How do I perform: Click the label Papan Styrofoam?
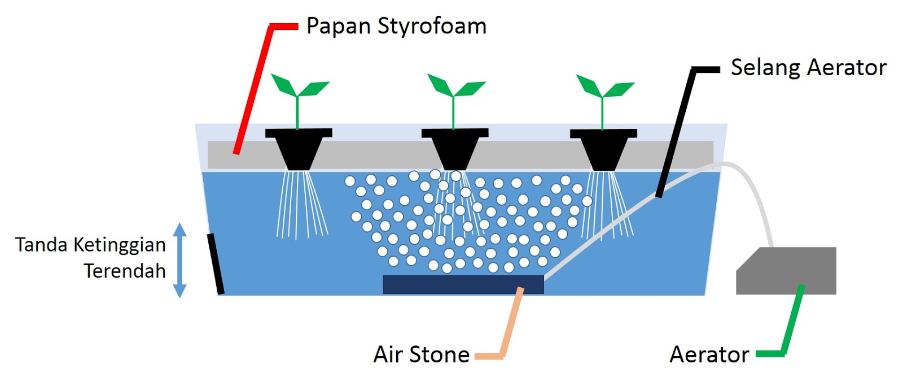click(396, 27)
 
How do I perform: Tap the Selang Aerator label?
click(809, 67)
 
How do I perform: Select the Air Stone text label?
click(421, 354)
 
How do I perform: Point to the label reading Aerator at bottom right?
click(709, 354)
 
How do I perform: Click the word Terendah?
click(125, 271)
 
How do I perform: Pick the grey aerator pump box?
click(786, 270)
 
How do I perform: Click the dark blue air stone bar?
click(463, 284)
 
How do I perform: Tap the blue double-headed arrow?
click(180, 260)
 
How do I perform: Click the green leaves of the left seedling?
click(299, 85)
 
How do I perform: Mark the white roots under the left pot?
click(301, 205)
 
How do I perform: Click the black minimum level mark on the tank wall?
click(216, 264)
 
